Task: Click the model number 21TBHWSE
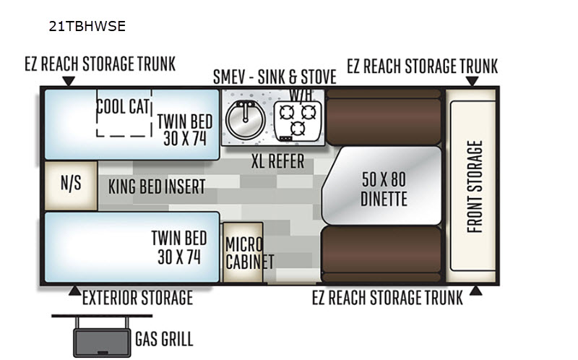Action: click(87, 26)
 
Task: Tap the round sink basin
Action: click(245, 119)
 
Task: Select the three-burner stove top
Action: click(298, 121)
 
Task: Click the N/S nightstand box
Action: click(71, 186)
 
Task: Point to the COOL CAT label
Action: click(123, 107)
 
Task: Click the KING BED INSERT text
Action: click(157, 187)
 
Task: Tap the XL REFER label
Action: click(277, 161)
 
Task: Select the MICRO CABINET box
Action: click(243, 252)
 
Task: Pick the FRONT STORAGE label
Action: click(475, 187)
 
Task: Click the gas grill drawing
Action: click(102, 335)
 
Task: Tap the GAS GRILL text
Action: click(164, 339)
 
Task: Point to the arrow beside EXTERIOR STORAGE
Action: click(75, 291)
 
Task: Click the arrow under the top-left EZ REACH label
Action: click(69, 81)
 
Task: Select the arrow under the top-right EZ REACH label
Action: click(473, 81)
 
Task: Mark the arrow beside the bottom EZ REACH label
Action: click(476, 291)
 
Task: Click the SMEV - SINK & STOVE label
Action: click(275, 77)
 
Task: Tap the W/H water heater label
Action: click(301, 95)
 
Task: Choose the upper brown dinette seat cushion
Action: click(384, 117)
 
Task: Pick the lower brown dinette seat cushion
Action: click(381, 254)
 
